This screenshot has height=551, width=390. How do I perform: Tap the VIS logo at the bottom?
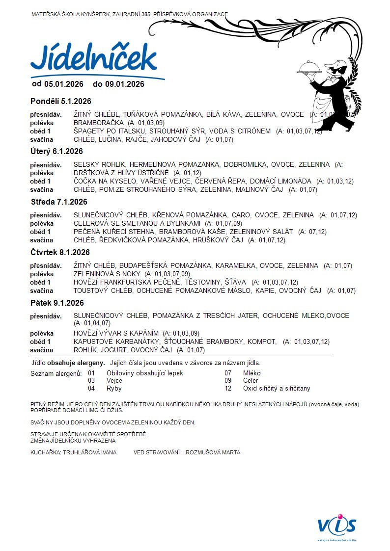336,526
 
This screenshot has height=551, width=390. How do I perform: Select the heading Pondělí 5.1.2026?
61,102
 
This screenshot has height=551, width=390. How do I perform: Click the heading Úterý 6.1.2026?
56,151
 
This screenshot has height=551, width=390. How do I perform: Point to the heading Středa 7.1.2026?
59,202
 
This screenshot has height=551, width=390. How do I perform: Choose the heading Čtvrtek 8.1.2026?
60,252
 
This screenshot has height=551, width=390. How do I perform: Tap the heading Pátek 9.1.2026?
57,303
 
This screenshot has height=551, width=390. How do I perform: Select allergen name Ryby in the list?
114,388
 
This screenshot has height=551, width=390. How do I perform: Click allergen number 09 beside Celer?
228,381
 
